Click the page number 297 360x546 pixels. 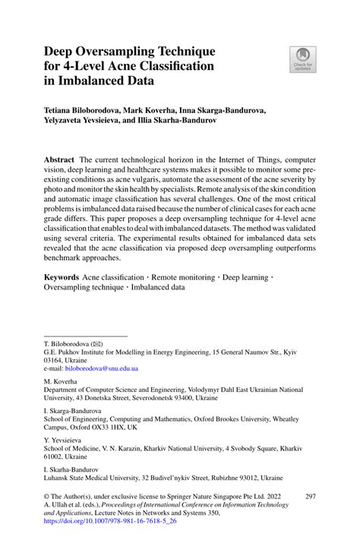(309, 495)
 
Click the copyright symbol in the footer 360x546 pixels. (48, 495)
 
